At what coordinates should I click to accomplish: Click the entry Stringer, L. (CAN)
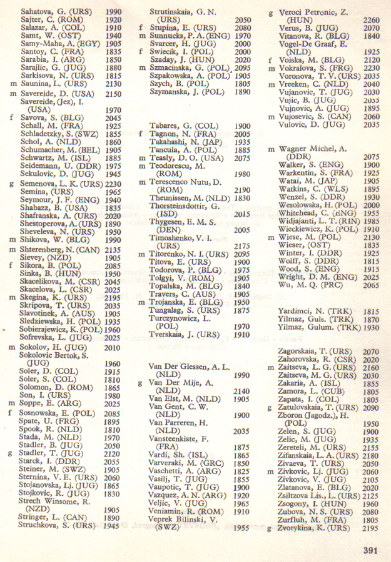pos(51,518)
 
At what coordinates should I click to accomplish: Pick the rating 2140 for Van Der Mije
pos(243,391)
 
